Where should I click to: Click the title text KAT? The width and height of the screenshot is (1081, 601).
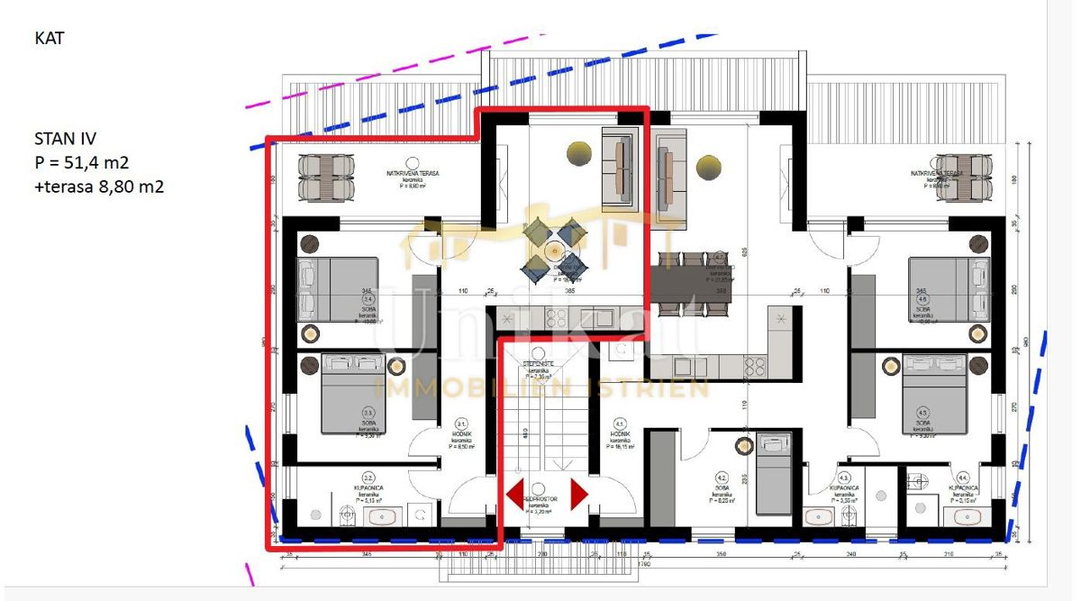[49, 39]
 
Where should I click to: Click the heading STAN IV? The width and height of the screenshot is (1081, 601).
[65, 139]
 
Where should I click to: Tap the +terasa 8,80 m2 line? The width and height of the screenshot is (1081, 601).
[98, 187]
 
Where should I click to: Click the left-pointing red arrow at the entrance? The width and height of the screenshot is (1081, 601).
[516, 494]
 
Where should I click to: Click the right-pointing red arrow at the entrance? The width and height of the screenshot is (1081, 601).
[578, 494]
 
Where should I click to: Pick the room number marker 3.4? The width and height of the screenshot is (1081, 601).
[367, 300]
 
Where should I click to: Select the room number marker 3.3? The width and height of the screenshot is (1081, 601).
[368, 413]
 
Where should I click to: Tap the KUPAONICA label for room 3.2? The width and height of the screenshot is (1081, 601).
[368, 488]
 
